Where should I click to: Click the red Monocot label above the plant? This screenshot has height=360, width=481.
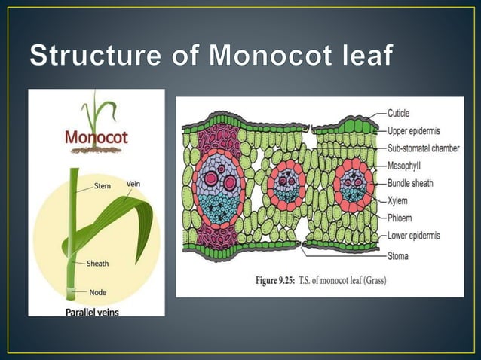pos(96,139)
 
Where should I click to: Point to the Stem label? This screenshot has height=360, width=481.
pos(100,185)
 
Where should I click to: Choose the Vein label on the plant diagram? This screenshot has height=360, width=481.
pos(133,185)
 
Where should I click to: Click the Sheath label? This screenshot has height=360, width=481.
pos(97,264)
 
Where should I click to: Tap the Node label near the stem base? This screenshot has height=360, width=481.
pos(97,292)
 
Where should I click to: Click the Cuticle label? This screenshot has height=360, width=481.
pos(399,114)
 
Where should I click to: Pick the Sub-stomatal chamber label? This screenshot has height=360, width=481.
pos(423,148)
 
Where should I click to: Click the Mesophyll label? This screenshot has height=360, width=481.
pos(406,166)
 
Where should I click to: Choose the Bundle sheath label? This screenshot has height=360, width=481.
pos(410,183)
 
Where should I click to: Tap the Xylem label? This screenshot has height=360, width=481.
pos(397,200)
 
